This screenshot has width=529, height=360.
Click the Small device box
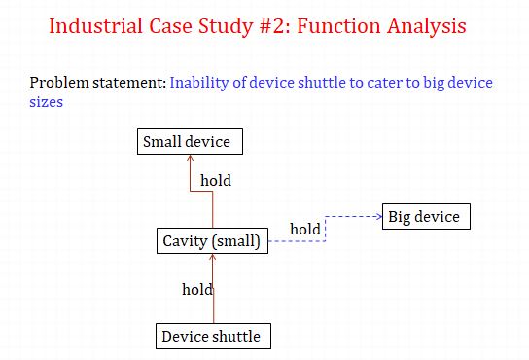[187, 142]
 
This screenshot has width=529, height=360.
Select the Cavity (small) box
[211, 241]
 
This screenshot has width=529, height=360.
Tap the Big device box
[426, 216]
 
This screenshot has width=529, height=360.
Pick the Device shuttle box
[211, 337]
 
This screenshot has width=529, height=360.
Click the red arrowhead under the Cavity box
[212, 258]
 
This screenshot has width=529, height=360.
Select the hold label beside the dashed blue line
[305, 229]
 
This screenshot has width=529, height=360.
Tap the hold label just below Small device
[215, 180]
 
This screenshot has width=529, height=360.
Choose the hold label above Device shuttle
[197, 289]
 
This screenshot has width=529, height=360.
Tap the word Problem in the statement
[60, 83]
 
